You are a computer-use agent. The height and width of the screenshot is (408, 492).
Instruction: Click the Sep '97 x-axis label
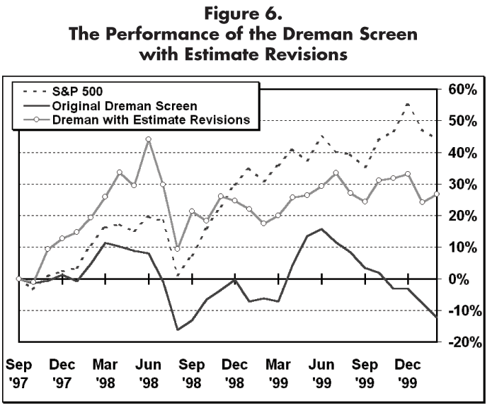19,374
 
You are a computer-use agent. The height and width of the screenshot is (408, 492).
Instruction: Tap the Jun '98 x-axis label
149,374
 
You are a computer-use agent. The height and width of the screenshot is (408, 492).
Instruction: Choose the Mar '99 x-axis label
278,374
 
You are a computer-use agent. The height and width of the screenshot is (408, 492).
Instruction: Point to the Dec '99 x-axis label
408,374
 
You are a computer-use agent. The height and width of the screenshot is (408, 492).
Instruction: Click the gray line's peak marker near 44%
149,139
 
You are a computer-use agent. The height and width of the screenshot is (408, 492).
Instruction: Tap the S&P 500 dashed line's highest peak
408,104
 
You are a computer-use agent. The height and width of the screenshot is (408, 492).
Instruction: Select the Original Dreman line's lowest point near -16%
178,330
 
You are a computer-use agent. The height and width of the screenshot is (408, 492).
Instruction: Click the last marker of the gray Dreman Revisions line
437,194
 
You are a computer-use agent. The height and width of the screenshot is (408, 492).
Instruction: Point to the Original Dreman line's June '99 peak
321,229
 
